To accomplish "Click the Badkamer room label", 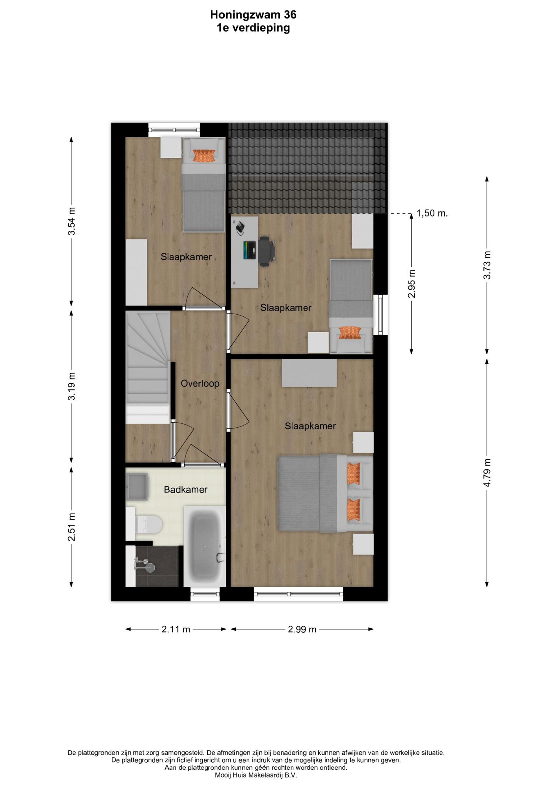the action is click(x=186, y=490).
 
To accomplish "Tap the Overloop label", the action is click(x=200, y=383).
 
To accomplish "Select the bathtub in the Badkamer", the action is click(x=205, y=546).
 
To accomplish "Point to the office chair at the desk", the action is click(x=267, y=251).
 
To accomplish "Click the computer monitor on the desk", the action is click(x=249, y=250).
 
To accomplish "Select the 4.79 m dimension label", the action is click(x=487, y=473).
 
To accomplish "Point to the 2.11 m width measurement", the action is click(x=176, y=629).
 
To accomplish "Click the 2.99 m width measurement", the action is click(x=302, y=629).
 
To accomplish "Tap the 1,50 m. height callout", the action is click(x=432, y=213).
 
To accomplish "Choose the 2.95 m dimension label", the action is click(x=412, y=284).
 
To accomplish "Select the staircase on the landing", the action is click(x=148, y=368).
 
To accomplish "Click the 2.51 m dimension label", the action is click(x=71, y=527).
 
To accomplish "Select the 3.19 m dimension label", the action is click(x=71, y=386).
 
